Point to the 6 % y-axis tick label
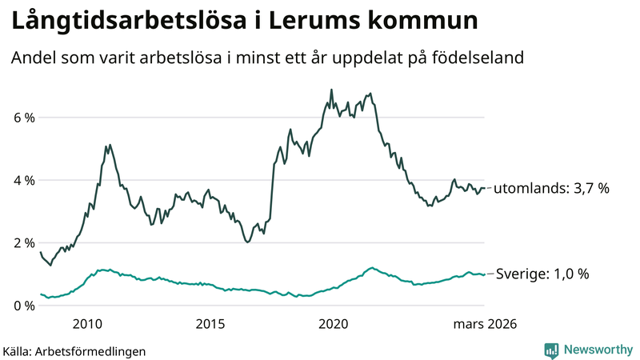click(24, 118)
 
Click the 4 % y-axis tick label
click(24, 180)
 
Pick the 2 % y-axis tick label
click(24, 243)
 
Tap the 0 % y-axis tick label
click(24, 306)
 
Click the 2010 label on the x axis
click(87, 324)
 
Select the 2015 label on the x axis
click(210, 324)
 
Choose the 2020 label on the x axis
click(334, 324)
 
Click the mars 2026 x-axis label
click(484, 324)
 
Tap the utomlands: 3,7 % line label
click(551, 189)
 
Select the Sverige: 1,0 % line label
click(542, 274)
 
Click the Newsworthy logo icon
click(551, 350)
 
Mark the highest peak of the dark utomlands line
click(331, 90)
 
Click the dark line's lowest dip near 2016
click(247, 242)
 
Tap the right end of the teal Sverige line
click(484, 274)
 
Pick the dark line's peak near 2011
click(110, 145)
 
